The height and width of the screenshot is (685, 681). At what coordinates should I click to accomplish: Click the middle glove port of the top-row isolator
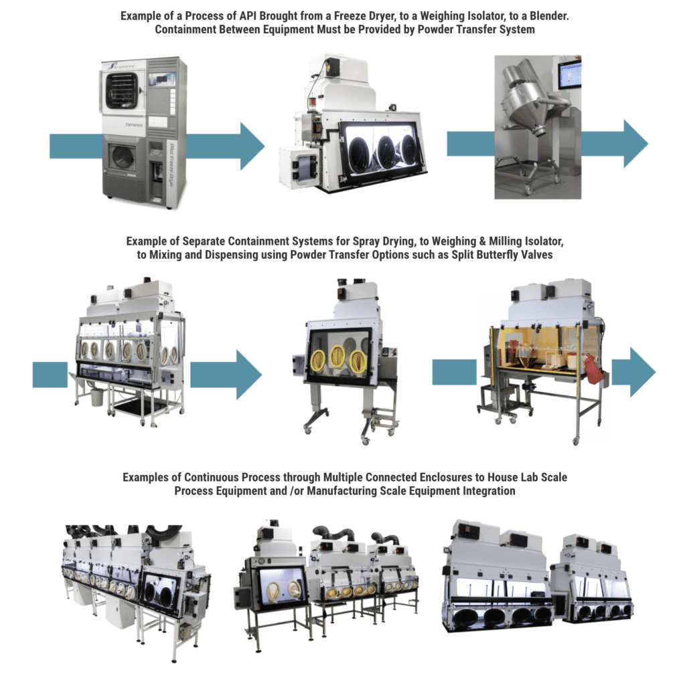pos(387,152)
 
